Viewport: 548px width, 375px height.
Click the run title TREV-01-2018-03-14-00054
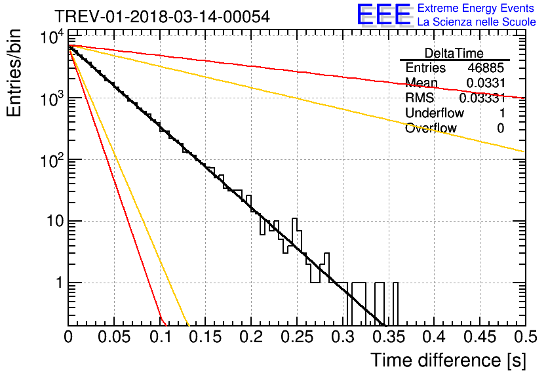(x=161, y=16)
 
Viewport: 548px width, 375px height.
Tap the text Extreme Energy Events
(x=476, y=9)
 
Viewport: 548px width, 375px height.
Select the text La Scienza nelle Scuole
(x=477, y=22)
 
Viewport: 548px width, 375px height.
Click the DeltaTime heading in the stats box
(x=454, y=52)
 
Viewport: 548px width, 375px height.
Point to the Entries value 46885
(x=486, y=68)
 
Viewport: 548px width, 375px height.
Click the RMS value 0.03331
(x=482, y=98)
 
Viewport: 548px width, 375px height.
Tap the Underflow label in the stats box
(x=434, y=113)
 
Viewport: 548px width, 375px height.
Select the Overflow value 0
(x=500, y=128)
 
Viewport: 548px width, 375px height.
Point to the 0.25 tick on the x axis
(x=296, y=338)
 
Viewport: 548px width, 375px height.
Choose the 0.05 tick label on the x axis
(x=114, y=338)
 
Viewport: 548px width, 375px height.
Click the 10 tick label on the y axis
(x=52, y=222)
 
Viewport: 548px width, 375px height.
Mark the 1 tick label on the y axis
(x=57, y=283)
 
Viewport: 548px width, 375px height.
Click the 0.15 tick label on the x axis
(x=205, y=338)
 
